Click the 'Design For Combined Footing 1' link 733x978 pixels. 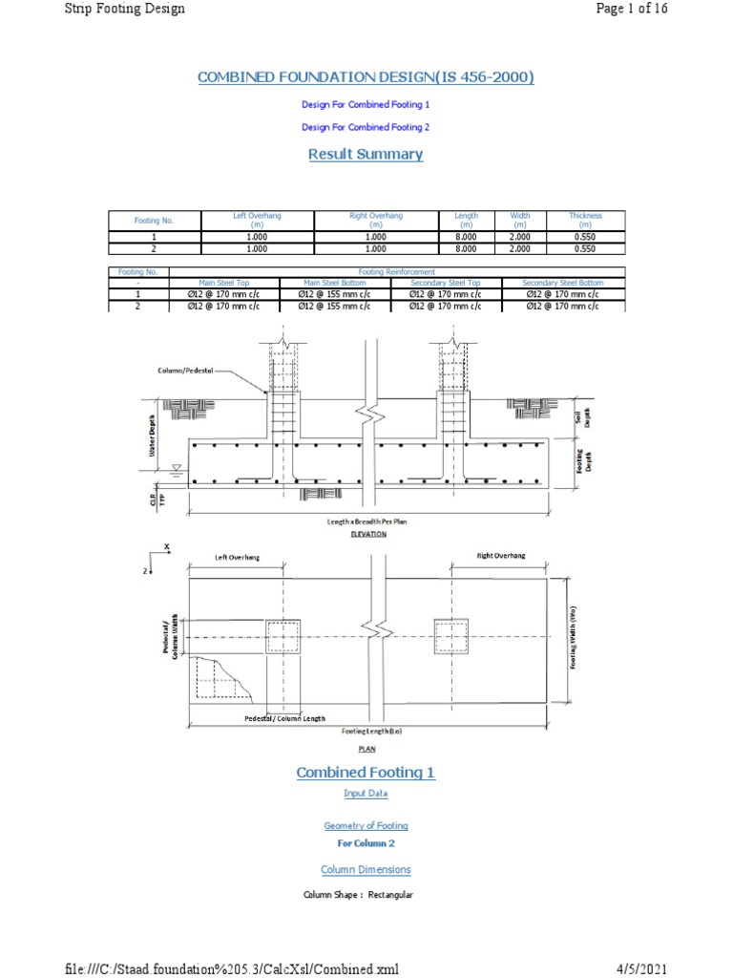pyautogui.click(x=366, y=104)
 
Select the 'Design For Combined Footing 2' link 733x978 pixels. pyautogui.click(x=366, y=127)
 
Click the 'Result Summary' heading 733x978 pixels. pyautogui.click(x=366, y=154)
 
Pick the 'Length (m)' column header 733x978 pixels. pyautogui.click(x=467, y=220)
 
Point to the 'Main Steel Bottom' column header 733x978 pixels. pyautogui.click(x=334, y=283)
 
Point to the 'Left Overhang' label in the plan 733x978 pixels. pyautogui.click(x=236, y=557)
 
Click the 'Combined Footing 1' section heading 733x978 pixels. pyautogui.click(x=366, y=772)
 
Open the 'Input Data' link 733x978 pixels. pyautogui.click(x=366, y=794)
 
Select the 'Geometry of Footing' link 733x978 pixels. pyautogui.click(x=366, y=825)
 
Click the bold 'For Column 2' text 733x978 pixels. pyautogui.click(x=366, y=843)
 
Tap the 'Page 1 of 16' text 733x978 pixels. pyautogui.click(x=631, y=9)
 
